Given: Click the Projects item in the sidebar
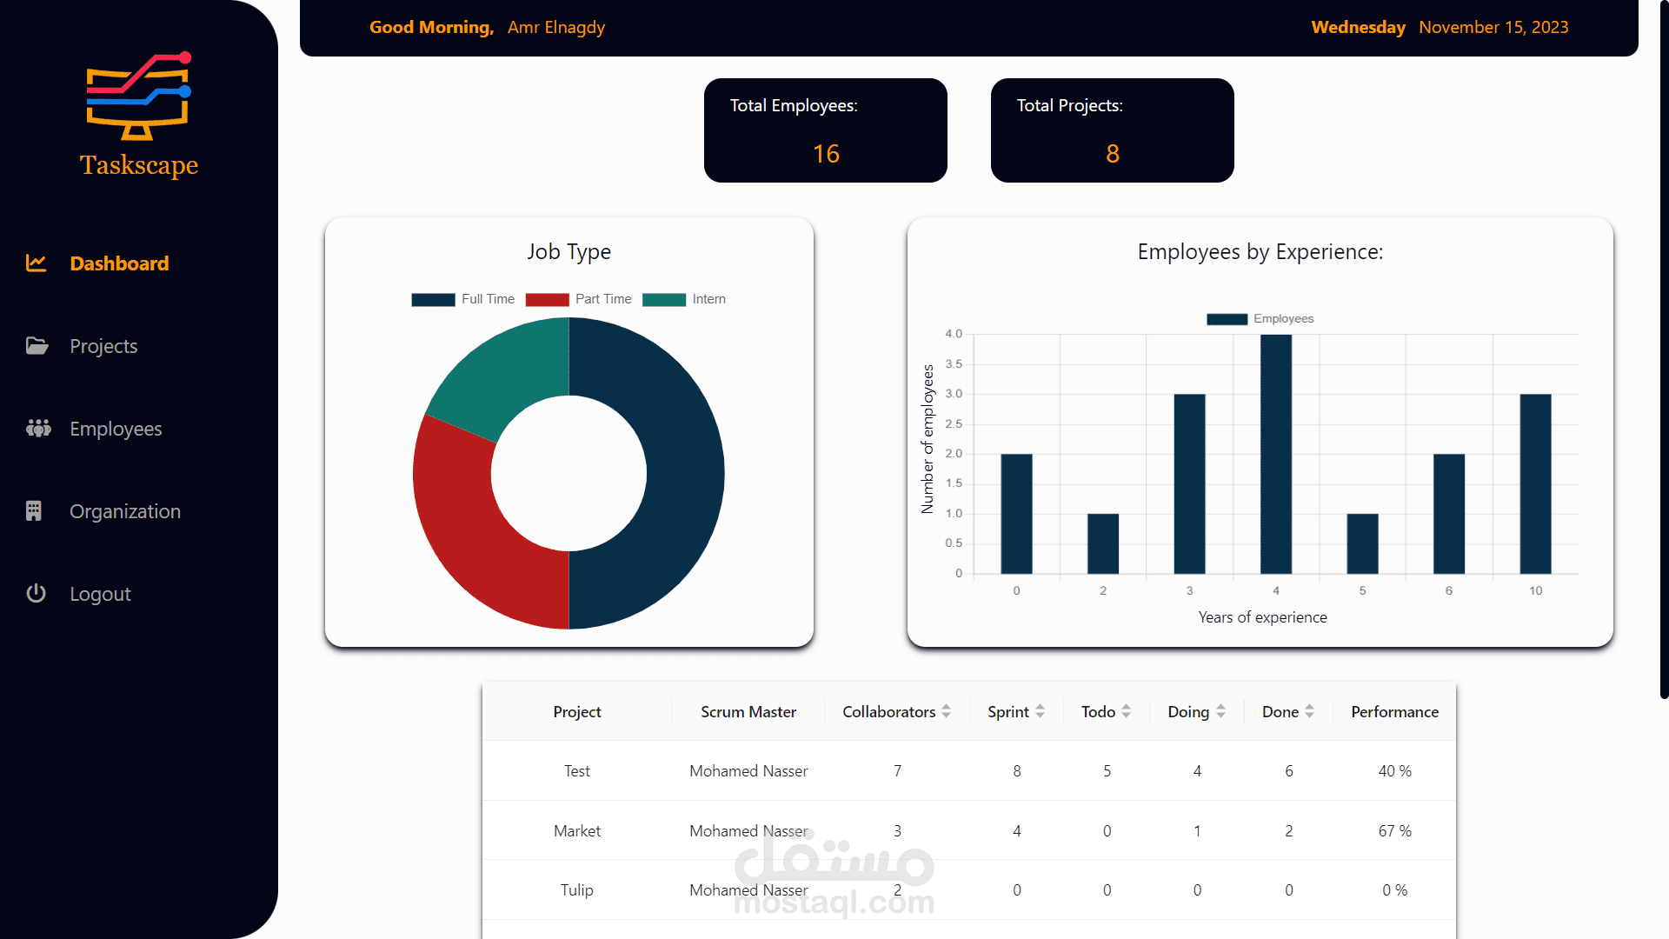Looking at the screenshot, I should pos(103,346).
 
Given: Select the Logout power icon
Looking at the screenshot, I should pos(36,594).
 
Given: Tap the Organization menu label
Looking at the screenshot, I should pos(125,511).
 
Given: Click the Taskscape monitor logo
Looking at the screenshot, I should pos(138,97).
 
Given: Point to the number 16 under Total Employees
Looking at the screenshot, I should pos(826,154).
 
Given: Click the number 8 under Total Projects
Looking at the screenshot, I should pos(1112,154).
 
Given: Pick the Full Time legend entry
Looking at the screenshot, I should pos(463,299).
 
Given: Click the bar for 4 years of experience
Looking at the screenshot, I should pos(1275,454).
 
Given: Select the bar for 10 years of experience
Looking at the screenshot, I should pos(1535,484).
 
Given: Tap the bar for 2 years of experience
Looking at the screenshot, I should pos(1102,543).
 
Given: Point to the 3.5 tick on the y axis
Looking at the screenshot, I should pos(954,364).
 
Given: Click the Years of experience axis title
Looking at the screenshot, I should pos(1262,617).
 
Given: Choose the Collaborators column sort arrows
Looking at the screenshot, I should pos(946,711).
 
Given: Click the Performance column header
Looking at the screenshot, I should pos(1394,712).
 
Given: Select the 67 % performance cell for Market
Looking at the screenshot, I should pos(1394,831).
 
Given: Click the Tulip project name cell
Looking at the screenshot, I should pos(576,890).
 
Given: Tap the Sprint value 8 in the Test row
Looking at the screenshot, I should pos(1016,771).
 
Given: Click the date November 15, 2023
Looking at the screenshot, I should pos(1493,27).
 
